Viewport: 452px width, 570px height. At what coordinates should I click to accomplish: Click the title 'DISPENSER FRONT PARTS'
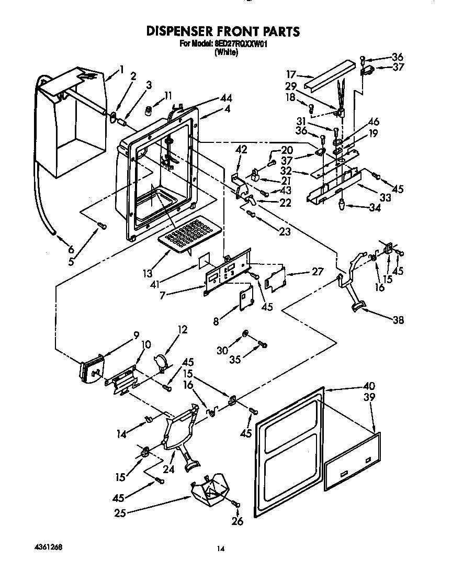[223, 31]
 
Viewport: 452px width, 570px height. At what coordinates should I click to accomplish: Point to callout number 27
[318, 271]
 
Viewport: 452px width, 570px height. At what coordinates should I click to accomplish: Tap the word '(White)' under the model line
[226, 52]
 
